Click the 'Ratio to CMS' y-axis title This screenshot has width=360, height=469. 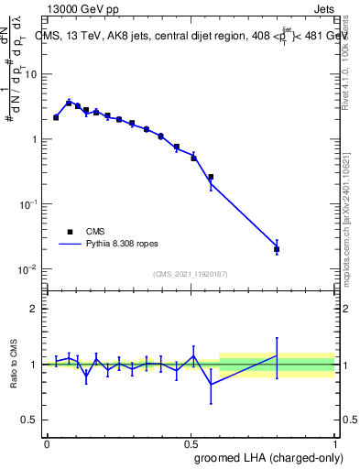16,365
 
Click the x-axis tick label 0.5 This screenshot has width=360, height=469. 191,443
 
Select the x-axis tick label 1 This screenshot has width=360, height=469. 334,443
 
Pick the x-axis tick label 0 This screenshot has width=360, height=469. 47,443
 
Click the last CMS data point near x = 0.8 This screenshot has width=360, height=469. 277,249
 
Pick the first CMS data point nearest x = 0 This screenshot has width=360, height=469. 56,117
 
